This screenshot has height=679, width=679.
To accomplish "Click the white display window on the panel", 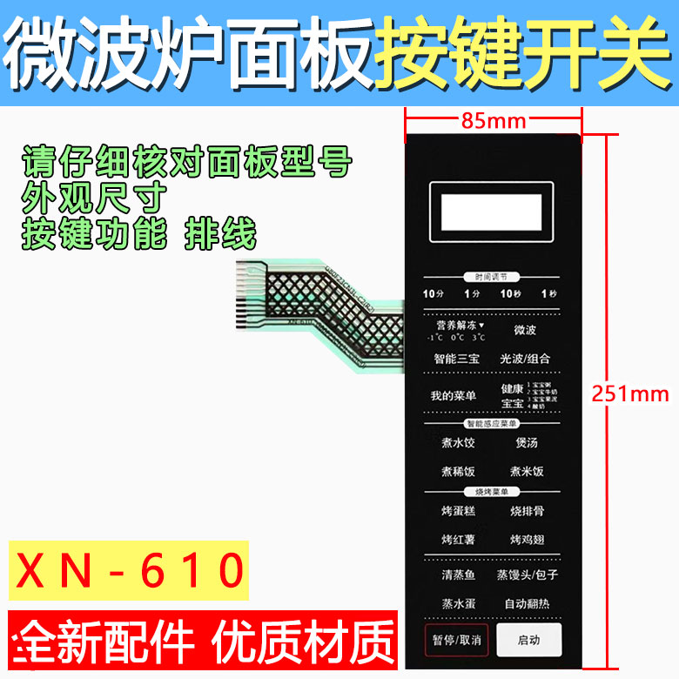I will pyautogui.click(x=494, y=212).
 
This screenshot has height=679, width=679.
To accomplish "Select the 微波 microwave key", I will pyautogui.click(x=525, y=331).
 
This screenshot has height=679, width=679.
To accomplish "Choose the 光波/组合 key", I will pyautogui.click(x=525, y=359).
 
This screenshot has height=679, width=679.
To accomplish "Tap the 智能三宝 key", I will pyautogui.click(x=456, y=359).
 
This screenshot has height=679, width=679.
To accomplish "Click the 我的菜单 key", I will pyautogui.click(x=454, y=395).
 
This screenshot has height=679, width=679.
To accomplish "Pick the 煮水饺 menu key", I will pyautogui.click(x=457, y=443).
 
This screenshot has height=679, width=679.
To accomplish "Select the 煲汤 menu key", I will pyautogui.click(x=527, y=443).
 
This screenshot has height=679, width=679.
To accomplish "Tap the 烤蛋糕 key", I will pyautogui.click(x=458, y=511).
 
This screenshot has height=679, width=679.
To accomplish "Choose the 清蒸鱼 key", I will pyautogui.click(x=458, y=575).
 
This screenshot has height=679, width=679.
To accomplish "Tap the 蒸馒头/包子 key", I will pyautogui.click(x=528, y=575).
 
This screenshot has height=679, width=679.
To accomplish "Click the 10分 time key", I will pyautogui.click(x=434, y=294).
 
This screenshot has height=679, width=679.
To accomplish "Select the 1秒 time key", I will pyautogui.click(x=548, y=294).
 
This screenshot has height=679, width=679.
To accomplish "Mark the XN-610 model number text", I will pyautogui.click(x=131, y=571).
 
